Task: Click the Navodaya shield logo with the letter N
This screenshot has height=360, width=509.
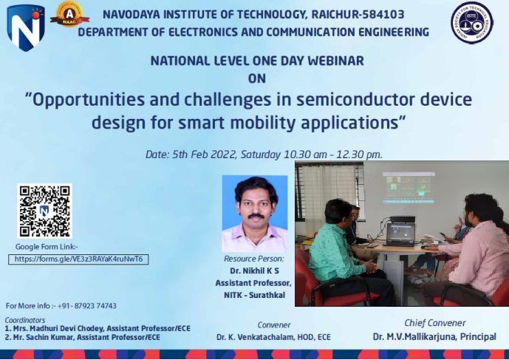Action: [x=26, y=27]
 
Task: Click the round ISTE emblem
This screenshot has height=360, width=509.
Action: [x=471, y=22]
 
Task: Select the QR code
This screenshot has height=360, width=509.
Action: [x=45, y=211]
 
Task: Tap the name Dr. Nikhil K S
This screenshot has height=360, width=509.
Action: [x=253, y=271]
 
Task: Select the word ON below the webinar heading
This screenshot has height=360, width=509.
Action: [x=256, y=77]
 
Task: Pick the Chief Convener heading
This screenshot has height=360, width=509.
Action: [x=435, y=322]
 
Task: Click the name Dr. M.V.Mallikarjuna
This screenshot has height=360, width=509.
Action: [x=414, y=336]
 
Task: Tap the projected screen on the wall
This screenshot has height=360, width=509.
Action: [x=409, y=186]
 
